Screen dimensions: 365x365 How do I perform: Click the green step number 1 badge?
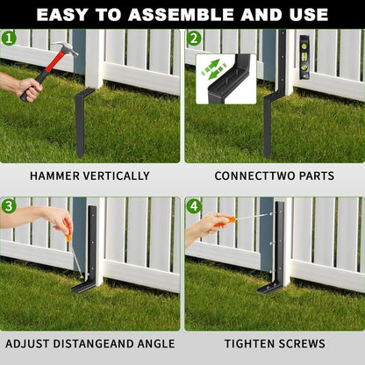point(9,39)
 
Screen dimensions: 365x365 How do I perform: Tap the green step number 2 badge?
point(194,39)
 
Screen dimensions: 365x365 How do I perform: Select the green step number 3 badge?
point(9,206)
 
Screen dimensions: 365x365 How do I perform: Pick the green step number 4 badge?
point(194,206)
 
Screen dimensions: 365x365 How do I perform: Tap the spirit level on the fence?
point(304,57)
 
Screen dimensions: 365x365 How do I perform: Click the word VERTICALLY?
point(117,176)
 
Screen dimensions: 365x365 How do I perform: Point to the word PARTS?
point(317,176)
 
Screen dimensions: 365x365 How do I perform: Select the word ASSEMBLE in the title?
point(182,15)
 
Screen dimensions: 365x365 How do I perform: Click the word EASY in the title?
point(62,15)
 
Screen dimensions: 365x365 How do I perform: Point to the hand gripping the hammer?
point(29,88)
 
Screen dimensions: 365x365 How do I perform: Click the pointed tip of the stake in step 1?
point(80,157)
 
